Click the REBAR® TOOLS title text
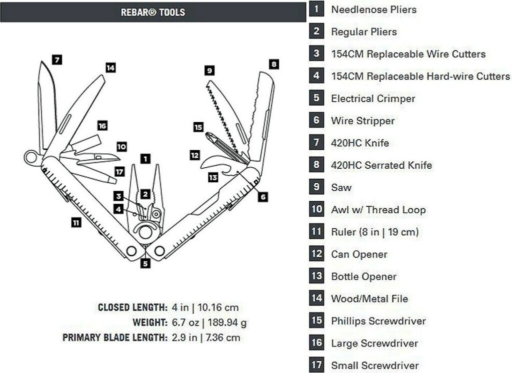153,13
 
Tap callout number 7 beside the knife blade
57,60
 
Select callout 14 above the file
110,68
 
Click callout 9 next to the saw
209,70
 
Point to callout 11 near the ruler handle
76,223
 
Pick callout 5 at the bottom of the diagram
145,263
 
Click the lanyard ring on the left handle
31,158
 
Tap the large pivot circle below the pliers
145,232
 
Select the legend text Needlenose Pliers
373,10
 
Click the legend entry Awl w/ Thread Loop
378,210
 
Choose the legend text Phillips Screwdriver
378,321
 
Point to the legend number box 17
316,365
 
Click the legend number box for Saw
316,187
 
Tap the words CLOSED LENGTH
132,307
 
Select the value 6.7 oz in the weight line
185,322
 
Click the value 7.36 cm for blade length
223,337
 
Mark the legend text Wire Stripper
363,121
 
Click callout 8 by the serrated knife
273,64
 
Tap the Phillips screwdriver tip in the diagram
207,134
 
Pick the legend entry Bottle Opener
364,276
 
